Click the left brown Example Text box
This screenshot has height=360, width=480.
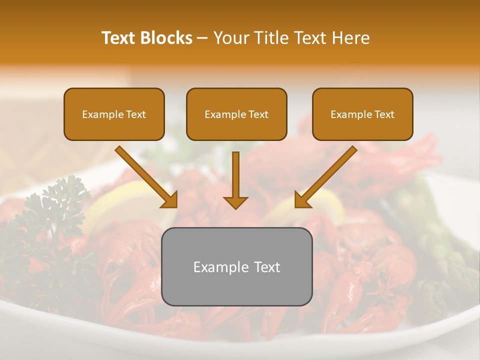tap(114, 114)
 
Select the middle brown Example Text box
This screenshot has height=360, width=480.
tap(236, 114)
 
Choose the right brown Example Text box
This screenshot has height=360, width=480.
tap(362, 114)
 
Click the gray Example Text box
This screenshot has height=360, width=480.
tap(236, 267)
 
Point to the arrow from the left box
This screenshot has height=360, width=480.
tap(145, 176)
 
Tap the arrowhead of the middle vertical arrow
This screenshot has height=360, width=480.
tap(236, 202)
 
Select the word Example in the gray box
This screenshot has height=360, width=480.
tap(216, 267)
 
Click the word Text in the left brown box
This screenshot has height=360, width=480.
tap(136, 114)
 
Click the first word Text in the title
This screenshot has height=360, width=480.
tap(118, 38)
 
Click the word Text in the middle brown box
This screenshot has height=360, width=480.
tap(258, 114)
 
